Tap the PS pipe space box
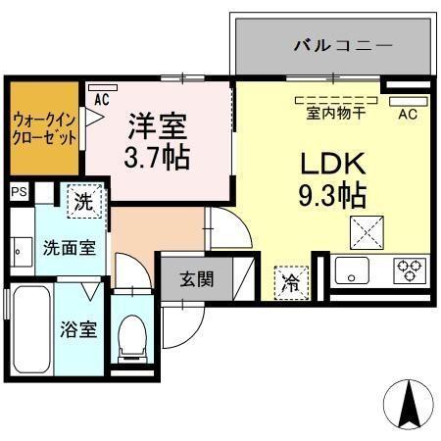tap(19, 192)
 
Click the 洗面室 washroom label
tap(68, 248)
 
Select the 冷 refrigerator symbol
tap(291, 280)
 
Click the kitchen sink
tap(354, 269)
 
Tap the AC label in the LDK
tap(407, 113)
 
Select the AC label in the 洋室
tap(101, 99)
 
